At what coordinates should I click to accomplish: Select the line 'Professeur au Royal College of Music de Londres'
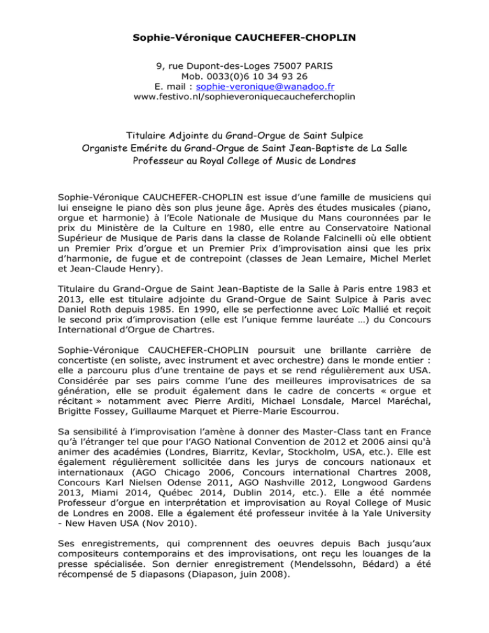[x=244, y=161]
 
